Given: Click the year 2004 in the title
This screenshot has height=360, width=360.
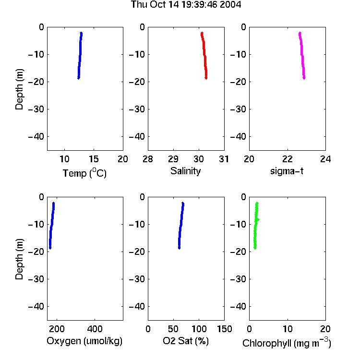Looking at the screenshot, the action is coord(230,5).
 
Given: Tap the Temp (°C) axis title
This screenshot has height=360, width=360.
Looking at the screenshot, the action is coord(84,173).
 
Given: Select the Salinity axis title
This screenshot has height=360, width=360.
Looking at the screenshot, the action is coord(185,171).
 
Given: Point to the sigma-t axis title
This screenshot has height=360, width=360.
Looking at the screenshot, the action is coord(287,171).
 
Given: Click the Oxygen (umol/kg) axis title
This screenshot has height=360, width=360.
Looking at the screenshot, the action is coord(84,341).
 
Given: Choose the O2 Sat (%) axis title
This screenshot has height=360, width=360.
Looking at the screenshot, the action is coord(185,341).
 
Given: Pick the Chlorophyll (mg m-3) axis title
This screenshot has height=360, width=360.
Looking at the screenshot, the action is coord(287,343).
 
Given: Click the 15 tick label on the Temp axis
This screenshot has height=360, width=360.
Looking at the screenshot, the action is coord(94,159).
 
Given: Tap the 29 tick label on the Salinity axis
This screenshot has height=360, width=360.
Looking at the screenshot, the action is coord(173,159).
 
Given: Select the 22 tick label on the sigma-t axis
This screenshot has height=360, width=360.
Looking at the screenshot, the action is coord(288,159).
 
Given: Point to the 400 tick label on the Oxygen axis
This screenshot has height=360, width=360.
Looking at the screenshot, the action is coord(95,329).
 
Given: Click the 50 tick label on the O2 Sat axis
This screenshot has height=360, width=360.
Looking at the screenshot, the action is coord(173,329).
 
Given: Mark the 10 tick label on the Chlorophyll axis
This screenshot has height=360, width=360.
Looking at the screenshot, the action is coord(288,329).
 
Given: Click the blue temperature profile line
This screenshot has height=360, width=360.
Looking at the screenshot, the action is coord(80,55).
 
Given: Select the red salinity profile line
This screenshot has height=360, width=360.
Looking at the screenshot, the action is coord(204,55).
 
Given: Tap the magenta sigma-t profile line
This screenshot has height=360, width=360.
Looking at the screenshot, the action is coord(302,55).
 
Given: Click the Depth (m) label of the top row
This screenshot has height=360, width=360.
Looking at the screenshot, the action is coord(19,89).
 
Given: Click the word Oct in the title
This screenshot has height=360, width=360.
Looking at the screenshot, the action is coord(158,5).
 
